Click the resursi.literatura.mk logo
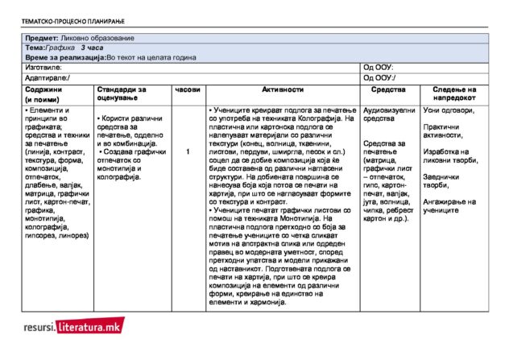click(x=73, y=326)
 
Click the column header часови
click(x=187, y=89)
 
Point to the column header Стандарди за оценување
click(x=121, y=93)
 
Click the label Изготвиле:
click(x=43, y=68)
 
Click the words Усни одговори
click(x=448, y=110)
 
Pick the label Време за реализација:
click(x=66, y=58)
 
